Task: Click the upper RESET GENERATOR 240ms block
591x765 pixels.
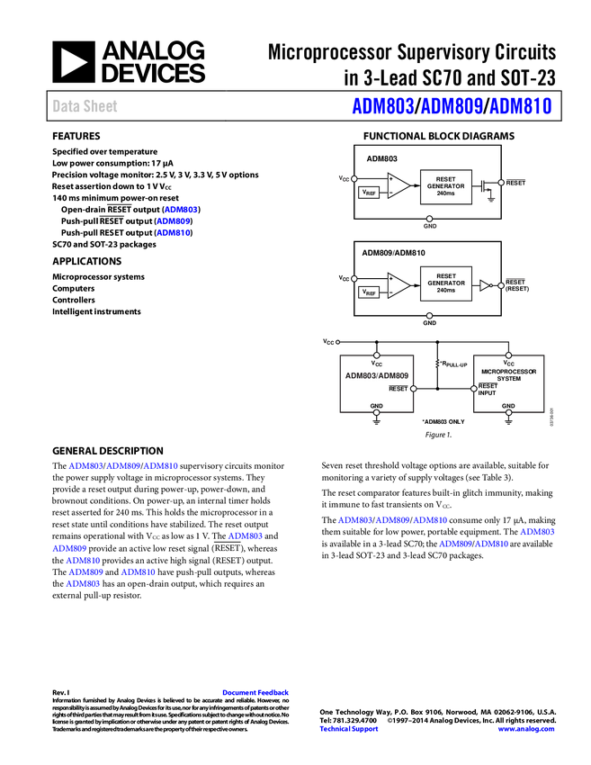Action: [445, 186]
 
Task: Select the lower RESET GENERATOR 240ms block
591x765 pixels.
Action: [445, 283]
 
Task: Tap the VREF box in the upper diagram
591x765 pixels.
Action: [369, 193]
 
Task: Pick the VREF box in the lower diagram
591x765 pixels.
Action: [369, 292]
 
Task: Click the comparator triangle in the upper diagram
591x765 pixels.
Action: [398, 185]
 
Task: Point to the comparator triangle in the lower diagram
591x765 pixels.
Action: [398, 284]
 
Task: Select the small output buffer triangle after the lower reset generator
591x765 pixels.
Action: [485, 285]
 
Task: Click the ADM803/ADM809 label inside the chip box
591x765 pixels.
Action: [377, 375]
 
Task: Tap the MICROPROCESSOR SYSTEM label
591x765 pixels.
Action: [508, 374]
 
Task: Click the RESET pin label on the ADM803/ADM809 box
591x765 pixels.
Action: [398, 389]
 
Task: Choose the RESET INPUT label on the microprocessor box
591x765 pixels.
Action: [487, 390]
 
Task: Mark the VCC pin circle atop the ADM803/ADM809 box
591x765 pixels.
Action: [377, 355]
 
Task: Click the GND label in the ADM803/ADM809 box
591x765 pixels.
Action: [377, 406]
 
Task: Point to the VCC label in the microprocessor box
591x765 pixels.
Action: [508, 364]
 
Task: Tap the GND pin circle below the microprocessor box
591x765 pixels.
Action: [508, 413]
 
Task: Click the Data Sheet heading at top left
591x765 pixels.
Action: [85, 106]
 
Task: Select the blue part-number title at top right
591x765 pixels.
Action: [452, 106]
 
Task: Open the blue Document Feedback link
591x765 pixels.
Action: [256, 693]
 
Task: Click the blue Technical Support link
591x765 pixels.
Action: [349, 729]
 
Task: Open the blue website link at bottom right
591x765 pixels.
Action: [526, 729]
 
